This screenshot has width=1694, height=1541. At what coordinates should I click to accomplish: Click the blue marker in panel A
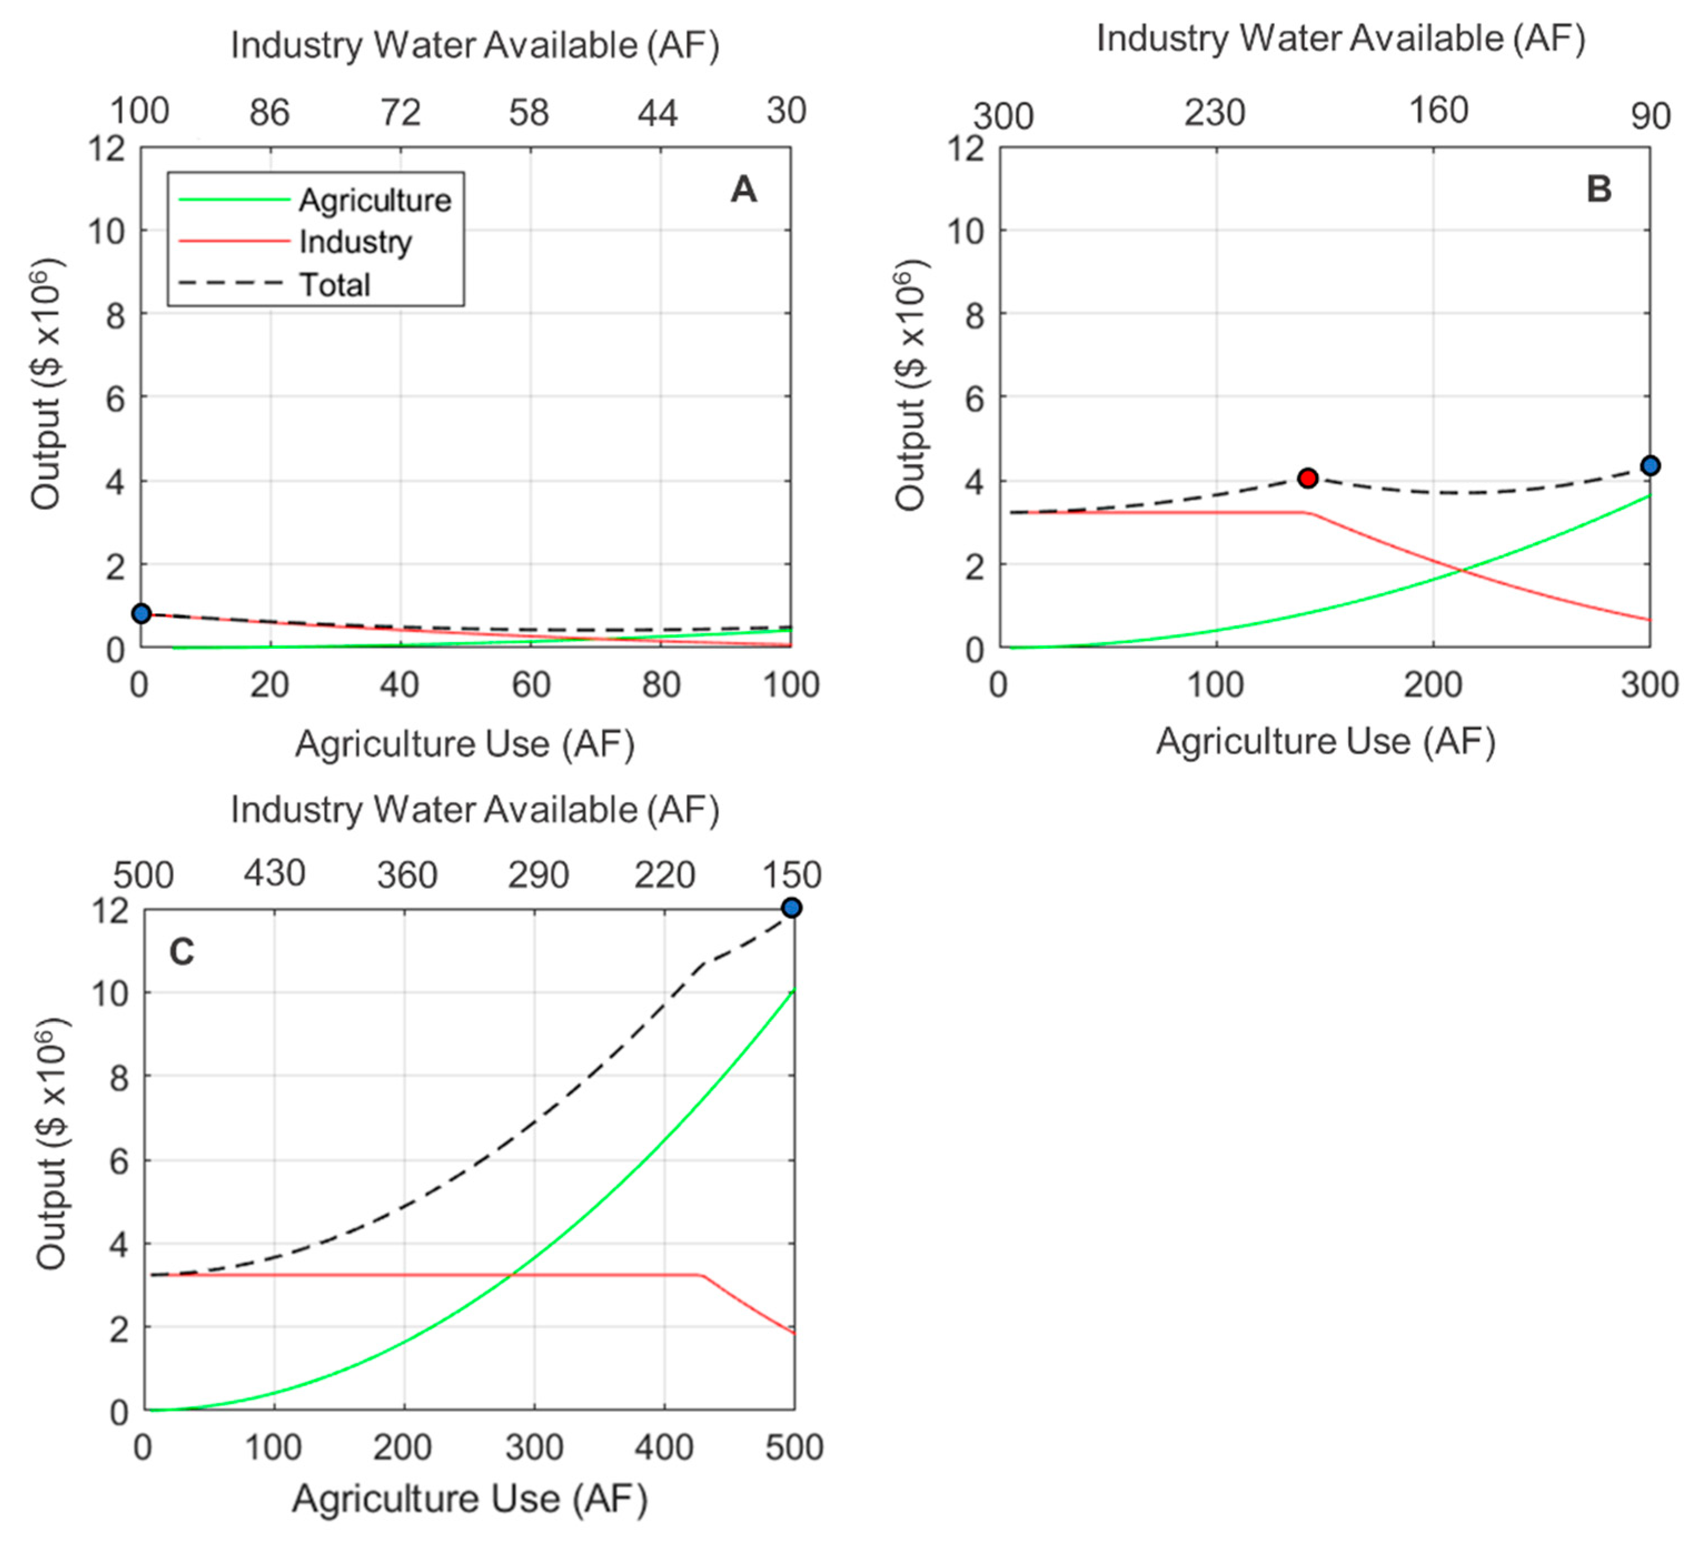tap(141, 613)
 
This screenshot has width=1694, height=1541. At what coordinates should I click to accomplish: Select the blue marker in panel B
tap(1650, 465)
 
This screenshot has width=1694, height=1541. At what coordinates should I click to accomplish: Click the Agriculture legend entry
tap(375, 200)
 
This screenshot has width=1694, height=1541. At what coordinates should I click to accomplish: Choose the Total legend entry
tap(335, 285)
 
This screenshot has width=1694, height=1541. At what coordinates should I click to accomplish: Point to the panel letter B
tap(1599, 190)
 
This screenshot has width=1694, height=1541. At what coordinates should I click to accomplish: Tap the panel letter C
tap(181, 952)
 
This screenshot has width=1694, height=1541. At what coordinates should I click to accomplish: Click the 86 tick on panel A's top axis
tap(270, 113)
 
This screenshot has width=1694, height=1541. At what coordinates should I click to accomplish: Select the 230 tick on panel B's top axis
tap(1215, 113)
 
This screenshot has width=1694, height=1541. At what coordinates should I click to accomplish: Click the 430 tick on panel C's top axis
tap(274, 874)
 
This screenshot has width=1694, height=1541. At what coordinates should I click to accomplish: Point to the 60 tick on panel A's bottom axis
tap(531, 685)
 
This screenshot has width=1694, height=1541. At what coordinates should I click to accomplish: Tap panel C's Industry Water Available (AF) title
tap(475, 810)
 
